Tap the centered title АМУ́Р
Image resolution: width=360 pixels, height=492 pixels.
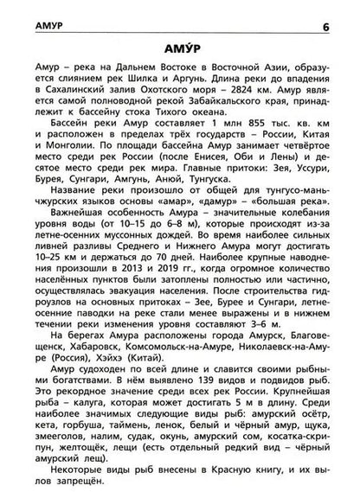180,46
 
